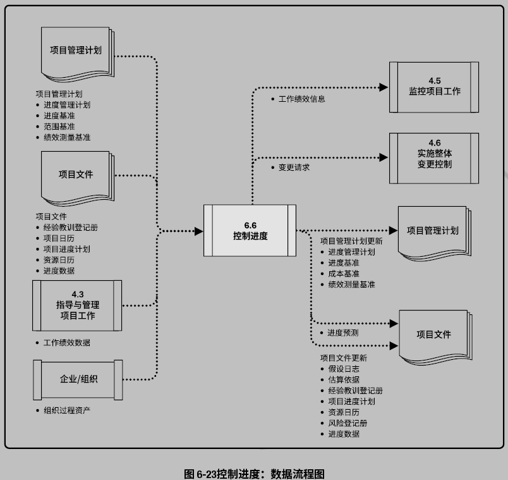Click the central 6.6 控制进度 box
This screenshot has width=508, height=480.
point(250,230)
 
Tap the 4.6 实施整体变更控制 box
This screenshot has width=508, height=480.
point(434,158)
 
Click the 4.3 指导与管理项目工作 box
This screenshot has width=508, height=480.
point(77,305)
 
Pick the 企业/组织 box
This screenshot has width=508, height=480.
point(77,379)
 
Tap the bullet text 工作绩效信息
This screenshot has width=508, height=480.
point(301,99)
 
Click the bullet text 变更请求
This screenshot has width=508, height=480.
point(294,168)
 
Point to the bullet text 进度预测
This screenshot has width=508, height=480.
point(343,333)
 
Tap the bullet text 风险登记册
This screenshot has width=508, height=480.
point(348,423)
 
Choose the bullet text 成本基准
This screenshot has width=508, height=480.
point(343,274)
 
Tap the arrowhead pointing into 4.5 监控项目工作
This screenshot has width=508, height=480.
point(382,87)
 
